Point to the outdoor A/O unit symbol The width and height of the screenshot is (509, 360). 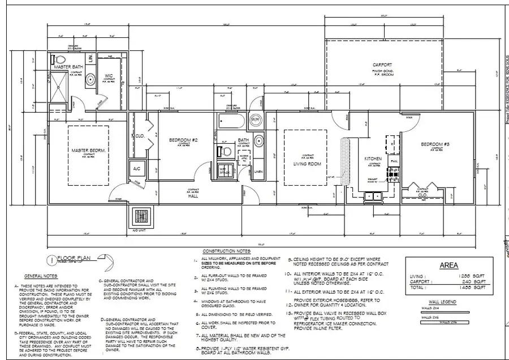click(x=140, y=217)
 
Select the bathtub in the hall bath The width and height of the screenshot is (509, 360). click(x=230, y=121)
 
